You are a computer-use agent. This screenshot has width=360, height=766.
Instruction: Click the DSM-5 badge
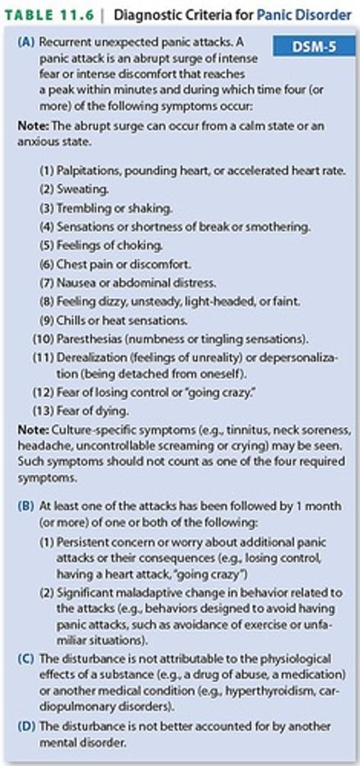313,47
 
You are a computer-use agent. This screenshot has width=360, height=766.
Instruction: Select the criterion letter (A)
27,43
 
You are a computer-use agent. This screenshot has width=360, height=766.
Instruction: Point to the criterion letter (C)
28,658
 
